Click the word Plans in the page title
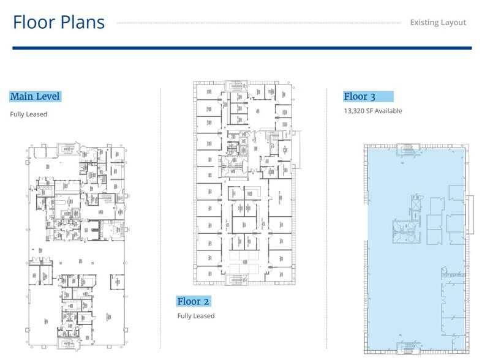point(82,22)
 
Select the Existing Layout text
point(438,23)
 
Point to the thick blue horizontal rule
point(242,48)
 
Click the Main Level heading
point(35,96)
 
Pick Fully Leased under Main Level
point(28,114)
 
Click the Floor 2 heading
point(194,301)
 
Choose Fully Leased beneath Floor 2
point(196,316)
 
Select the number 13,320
point(356,111)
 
